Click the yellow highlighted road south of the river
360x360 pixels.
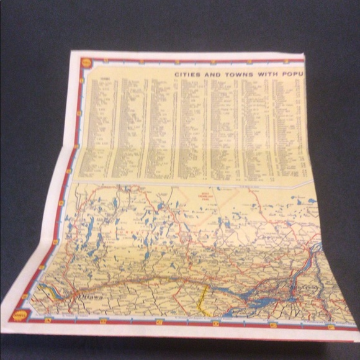tap(201, 298)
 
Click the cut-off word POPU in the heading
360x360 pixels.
tap(293, 73)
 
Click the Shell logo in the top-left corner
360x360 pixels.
tap(86, 63)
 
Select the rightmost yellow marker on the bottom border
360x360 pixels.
tap(331, 326)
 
